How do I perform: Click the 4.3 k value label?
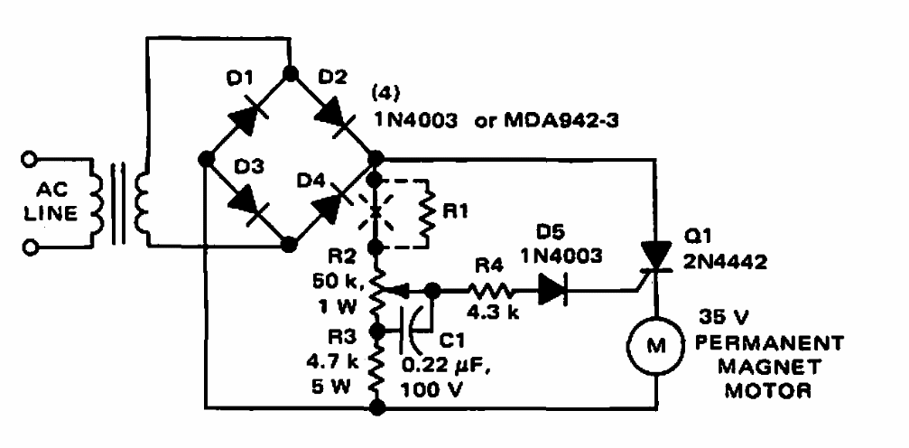[x=488, y=317]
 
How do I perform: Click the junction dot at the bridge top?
[x=289, y=71]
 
